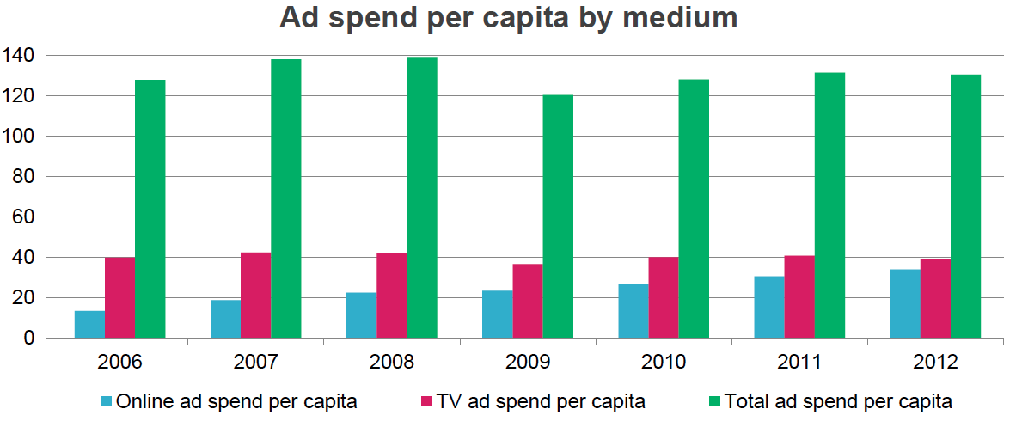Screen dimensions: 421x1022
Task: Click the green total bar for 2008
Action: pyautogui.click(x=422, y=198)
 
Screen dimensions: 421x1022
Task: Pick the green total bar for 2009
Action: pyautogui.click(x=558, y=216)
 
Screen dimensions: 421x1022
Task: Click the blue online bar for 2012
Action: pyautogui.click(x=905, y=304)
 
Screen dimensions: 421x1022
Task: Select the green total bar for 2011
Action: pyautogui.click(x=829, y=205)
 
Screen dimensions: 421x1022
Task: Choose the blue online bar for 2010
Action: pyautogui.click(x=633, y=311)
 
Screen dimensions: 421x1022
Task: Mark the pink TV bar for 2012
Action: pyautogui.click(x=935, y=298)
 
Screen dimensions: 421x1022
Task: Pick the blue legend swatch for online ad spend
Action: pyautogui.click(x=106, y=401)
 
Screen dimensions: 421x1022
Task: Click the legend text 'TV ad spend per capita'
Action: pyautogui.click(x=541, y=401)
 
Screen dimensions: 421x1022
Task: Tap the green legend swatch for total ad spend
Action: pyautogui.click(x=713, y=401)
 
